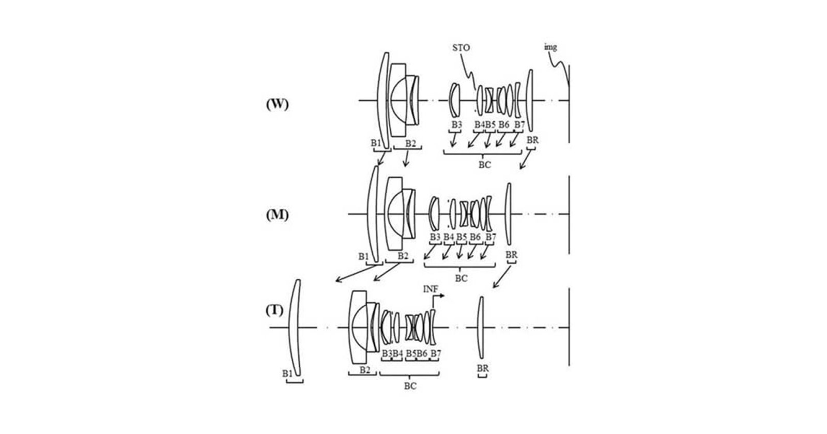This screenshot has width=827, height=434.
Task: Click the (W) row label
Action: click(277, 104)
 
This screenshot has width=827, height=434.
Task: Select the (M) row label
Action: click(277, 214)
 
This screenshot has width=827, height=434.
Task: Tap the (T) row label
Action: click(274, 311)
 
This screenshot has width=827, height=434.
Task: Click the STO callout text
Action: click(461, 48)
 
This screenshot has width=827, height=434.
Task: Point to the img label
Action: click(550, 47)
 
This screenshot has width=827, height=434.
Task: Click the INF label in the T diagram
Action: click(431, 289)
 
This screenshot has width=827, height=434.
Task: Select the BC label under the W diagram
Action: click(485, 165)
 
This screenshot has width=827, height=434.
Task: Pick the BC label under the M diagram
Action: click(461, 278)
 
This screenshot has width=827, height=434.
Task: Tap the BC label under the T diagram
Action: click(410, 386)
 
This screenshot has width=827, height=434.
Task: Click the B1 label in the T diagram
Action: click(287, 374)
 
